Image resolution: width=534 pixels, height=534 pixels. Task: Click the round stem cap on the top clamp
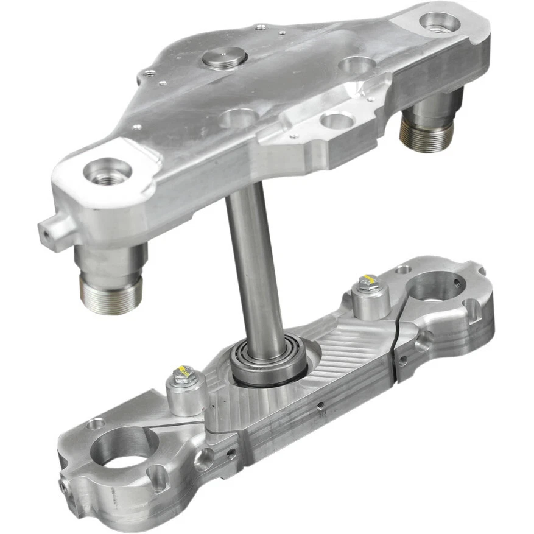click(x=224, y=58)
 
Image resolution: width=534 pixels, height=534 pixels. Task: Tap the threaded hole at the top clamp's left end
click(x=107, y=171)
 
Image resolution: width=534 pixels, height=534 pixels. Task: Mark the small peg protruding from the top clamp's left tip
click(x=49, y=230)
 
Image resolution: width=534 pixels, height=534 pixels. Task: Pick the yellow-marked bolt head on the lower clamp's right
click(x=367, y=283)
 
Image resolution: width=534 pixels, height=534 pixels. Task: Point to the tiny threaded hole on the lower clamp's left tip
click(x=63, y=485)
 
